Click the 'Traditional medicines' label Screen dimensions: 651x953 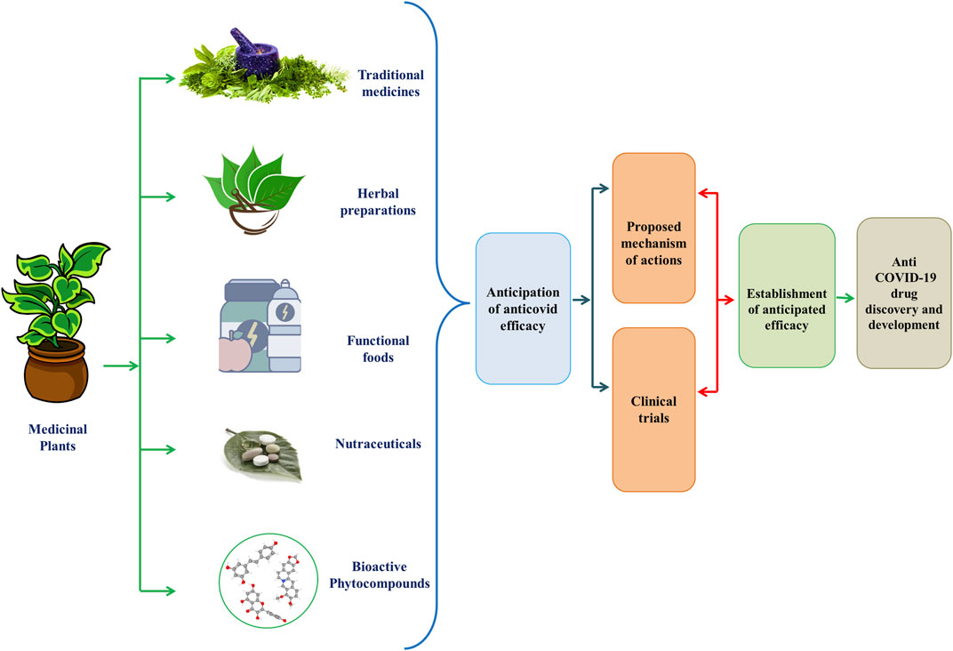tap(390, 83)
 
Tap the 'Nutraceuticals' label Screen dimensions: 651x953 tap(378, 442)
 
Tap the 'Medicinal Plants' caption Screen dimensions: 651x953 tap(51, 438)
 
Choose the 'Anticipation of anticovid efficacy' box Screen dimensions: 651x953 tap(523, 309)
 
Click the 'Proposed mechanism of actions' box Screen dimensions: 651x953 tap(653, 229)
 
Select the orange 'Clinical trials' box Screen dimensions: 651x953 tap(653, 408)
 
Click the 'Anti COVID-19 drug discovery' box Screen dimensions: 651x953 tap(902, 293)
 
